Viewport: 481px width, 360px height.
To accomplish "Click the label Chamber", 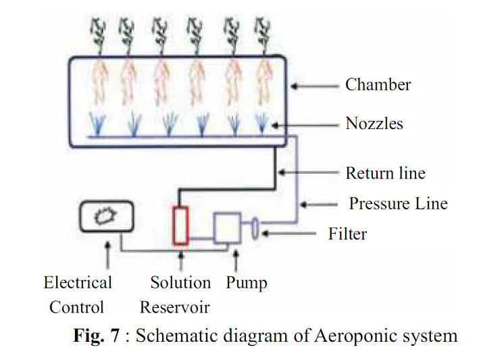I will tap(378, 85).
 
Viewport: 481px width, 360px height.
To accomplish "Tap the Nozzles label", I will tap(374, 124).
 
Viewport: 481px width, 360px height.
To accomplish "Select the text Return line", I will tap(385, 173).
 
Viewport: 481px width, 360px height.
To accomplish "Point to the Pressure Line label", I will tap(398, 203).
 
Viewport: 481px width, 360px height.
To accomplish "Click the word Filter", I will tap(347, 234).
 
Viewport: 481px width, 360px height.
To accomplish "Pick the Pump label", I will tap(247, 282).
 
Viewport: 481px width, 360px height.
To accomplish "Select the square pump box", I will tap(227, 228).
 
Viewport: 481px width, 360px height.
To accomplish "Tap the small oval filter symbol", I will tap(255, 228).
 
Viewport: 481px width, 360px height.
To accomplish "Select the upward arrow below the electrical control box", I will tap(106, 255).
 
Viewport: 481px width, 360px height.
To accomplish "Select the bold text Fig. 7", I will tap(99, 336).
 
